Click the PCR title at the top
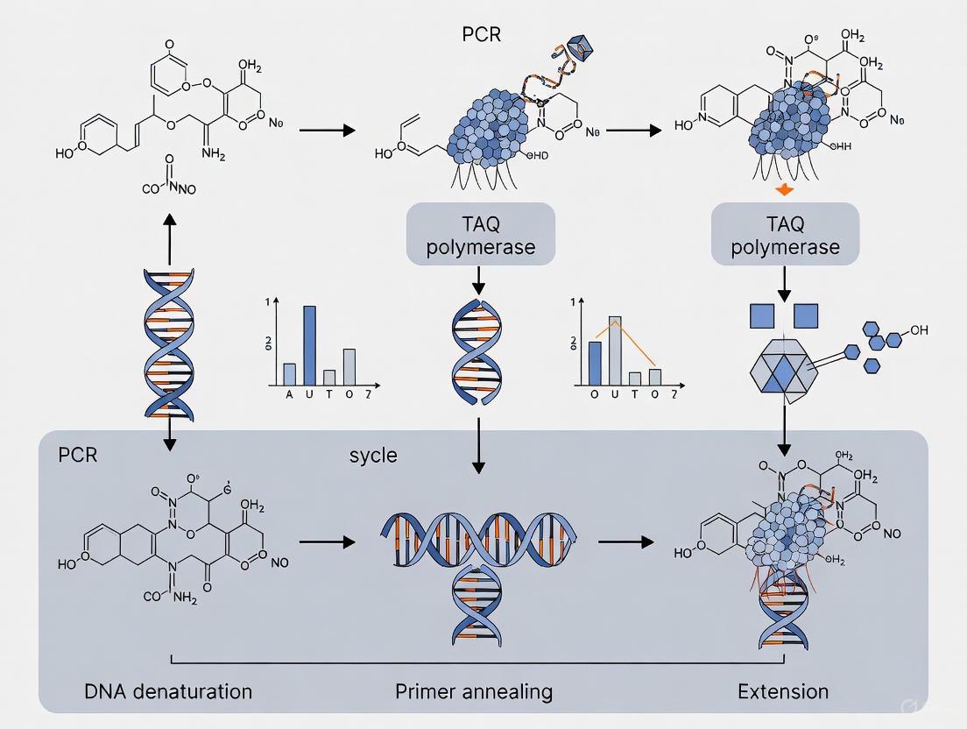pyautogui.click(x=483, y=36)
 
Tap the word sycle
pyautogui.click(x=373, y=455)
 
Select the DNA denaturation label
pyautogui.click(x=169, y=690)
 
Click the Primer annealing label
pyautogui.click(x=474, y=690)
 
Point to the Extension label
pyautogui.click(x=782, y=690)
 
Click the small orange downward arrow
pyautogui.click(x=784, y=190)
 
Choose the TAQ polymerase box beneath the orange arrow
pyautogui.click(x=785, y=234)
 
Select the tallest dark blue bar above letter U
pyautogui.click(x=309, y=345)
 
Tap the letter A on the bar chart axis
pyautogui.click(x=290, y=394)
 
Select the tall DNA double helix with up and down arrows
pyautogui.click(x=167, y=342)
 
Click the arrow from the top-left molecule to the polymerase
pyautogui.click(x=327, y=131)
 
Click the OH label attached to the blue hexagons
pyautogui.click(x=918, y=330)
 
